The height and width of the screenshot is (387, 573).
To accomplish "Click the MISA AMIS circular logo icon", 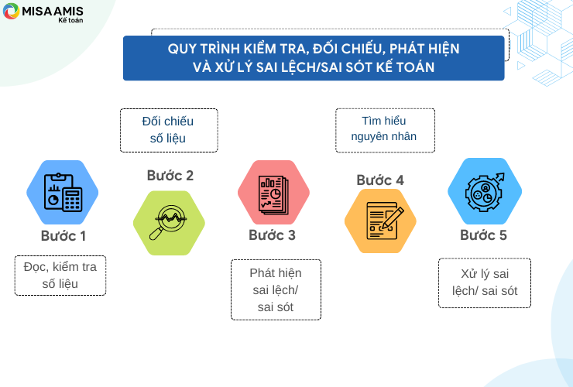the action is tap(11, 11).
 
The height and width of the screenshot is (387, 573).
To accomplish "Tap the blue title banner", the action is tap(314, 58).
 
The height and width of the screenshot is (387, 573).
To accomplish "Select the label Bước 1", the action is tap(63, 236).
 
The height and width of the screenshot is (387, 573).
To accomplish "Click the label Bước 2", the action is tap(170, 176).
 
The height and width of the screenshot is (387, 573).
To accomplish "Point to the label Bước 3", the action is tap(272, 235).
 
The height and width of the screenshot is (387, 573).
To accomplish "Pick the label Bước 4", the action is tap(380, 180).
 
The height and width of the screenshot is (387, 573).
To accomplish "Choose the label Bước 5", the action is tap(483, 235).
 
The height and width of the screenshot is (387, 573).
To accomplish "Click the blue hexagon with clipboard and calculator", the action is tap(63, 192).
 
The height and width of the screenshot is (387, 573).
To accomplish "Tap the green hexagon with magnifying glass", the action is tap(169, 223).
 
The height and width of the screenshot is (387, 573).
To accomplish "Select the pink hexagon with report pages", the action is tap(273, 192).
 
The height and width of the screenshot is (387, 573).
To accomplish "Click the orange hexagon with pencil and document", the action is tap(380, 221).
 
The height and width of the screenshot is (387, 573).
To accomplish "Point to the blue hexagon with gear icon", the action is tap(485, 191).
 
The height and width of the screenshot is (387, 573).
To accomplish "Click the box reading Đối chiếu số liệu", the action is tap(169, 130).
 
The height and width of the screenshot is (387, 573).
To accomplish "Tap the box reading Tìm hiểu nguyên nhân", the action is tap(385, 130).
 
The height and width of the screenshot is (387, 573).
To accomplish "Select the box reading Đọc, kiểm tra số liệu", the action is tap(60, 276).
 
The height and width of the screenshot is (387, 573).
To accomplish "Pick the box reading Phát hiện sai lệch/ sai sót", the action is tap(276, 289).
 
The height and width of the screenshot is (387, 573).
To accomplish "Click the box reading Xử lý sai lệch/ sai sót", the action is tap(485, 283).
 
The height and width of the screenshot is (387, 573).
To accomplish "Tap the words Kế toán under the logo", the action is tap(70, 20).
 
